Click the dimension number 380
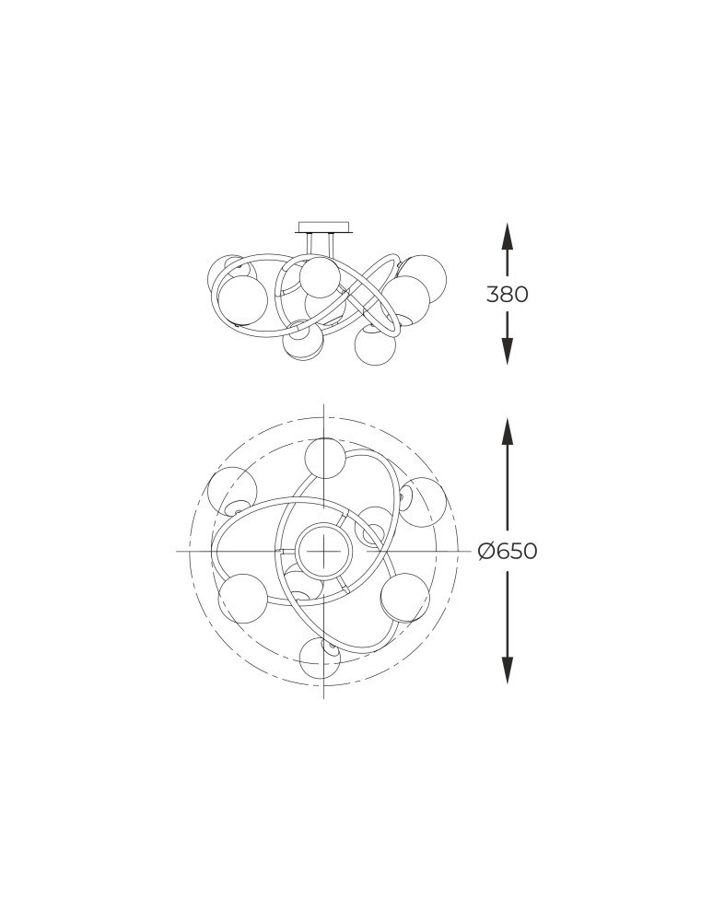tap(508, 294)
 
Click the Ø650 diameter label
tap(508, 551)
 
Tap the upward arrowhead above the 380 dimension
tap(508, 238)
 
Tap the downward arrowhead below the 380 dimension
tap(508, 350)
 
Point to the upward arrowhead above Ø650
tap(508, 433)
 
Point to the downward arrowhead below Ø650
tap(508, 669)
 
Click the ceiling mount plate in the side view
tap(324, 227)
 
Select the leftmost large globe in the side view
tap(242, 300)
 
